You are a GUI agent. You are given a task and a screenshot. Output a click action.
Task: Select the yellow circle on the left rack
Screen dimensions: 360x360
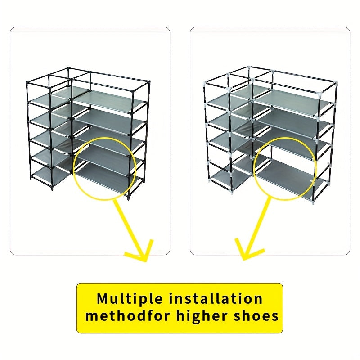click(73, 169)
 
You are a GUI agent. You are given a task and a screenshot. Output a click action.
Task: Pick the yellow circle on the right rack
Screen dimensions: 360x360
click(254, 169)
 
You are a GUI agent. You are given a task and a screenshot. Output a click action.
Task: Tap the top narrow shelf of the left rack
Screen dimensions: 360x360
click(49, 100)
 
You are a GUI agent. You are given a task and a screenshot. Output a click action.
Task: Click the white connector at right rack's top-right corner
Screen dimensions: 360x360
click(336, 82)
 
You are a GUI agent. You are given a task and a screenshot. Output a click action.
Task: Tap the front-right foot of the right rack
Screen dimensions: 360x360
click(312, 201)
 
